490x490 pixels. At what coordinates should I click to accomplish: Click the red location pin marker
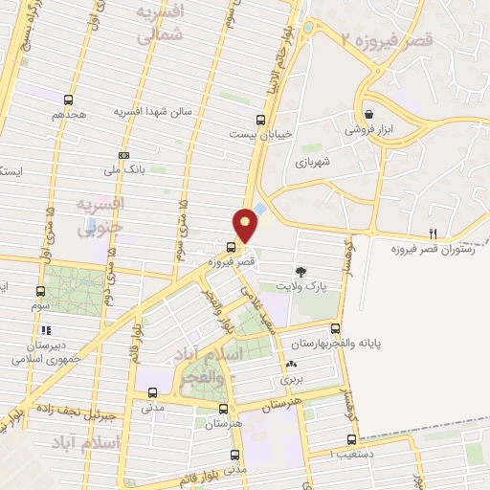pyautogui.click(x=247, y=224)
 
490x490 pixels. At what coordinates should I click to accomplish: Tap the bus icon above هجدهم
pyautogui.click(x=68, y=99)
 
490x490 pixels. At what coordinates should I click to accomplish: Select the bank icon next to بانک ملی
pyautogui.click(x=123, y=155)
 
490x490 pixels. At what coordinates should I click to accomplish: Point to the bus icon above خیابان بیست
pyautogui.click(x=261, y=120)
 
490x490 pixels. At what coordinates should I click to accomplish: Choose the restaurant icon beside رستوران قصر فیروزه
pyautogui.click(x=434, y=234)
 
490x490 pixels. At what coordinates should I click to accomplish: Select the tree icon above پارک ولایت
pyautogui.click(x=301, y=271)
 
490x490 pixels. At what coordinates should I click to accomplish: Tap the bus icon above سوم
pyautogui.click(x=40, y=291)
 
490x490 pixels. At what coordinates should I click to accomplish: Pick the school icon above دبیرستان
pyautogui.click(x=46, y=330)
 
